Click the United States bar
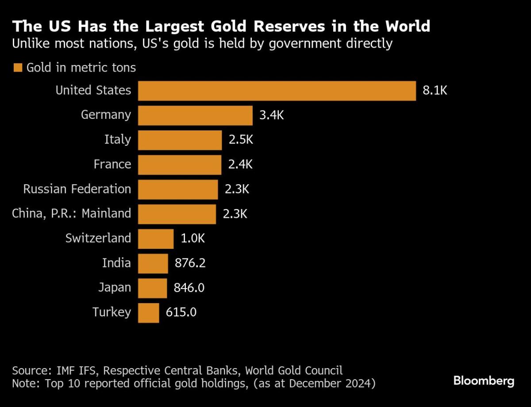277,91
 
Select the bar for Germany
195,115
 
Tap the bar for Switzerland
156,239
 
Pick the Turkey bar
148,313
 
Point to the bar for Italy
180,140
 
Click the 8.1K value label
435,91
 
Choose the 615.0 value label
181,313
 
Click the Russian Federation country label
77,189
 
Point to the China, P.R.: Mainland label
72,214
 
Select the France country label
112,164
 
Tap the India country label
116,263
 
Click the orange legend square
18,68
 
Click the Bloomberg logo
484,381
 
